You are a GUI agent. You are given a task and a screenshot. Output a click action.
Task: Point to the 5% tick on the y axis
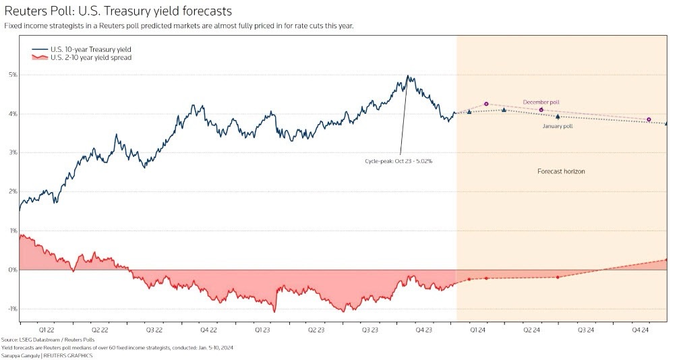[x=13, y=75]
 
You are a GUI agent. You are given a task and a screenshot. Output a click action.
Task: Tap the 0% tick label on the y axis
[x=13, y=270]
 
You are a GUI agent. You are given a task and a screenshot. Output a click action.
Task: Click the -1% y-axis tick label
[x=12, y=309]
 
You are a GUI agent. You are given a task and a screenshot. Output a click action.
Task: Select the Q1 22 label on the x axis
[x=47, y=330]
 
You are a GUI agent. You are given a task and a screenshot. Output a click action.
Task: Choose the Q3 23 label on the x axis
[x=369, y=330]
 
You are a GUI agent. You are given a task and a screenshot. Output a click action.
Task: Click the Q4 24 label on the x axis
[x=640, y=330]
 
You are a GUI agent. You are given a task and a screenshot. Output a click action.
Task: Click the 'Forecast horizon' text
[x=561, y=172]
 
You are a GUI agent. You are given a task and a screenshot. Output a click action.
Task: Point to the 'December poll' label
[x=541, y=102]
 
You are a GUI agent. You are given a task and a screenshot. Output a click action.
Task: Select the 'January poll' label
[x=558, y=126]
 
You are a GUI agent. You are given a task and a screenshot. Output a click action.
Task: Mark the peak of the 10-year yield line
[x=407, y=76]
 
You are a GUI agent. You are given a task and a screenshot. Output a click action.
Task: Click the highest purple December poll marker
[x=486, y=104]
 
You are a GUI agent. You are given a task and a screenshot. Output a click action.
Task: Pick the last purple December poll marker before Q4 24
[x=649, y=119]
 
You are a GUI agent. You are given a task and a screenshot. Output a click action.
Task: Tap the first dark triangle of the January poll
[x=469, y=112]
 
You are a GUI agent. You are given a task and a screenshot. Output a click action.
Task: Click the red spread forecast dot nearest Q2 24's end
[x=558, y=277]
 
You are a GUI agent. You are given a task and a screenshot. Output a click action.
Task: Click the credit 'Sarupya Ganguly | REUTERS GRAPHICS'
[x=47, y=355]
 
